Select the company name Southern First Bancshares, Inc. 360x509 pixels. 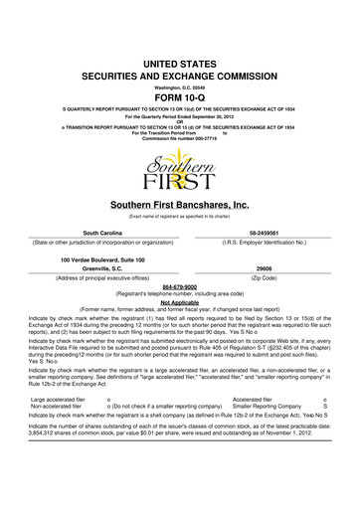click(x=180, y=205)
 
